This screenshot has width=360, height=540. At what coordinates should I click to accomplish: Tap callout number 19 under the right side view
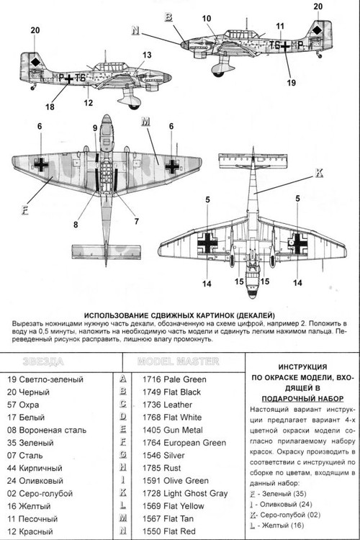point(292,83)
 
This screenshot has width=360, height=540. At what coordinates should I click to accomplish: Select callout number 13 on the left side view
point(147,55)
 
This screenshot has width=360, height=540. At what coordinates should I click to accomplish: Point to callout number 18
point(49,107)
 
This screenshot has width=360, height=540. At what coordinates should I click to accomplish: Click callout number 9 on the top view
point(95,128)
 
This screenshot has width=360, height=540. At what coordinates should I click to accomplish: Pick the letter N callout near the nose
point(134,30)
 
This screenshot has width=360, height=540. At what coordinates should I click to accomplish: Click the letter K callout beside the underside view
point(319,172)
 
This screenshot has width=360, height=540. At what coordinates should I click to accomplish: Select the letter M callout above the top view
point(145,120)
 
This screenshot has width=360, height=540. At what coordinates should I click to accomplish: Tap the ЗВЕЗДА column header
point(43,361)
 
